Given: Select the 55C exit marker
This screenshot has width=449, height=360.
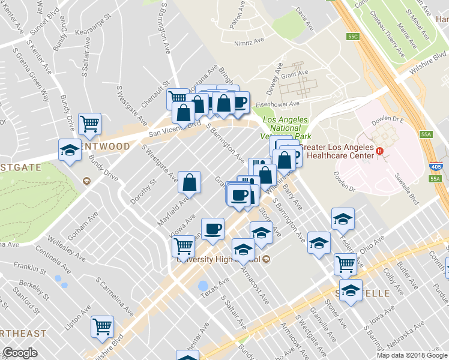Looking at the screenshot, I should [x=352, y=37].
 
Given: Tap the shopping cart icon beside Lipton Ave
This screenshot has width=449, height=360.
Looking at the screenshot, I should [x=102, y=326].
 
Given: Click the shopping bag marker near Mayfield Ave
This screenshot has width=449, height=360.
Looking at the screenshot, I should [x=189, y=183].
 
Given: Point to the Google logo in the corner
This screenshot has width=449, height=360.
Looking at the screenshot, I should [x=20, y=353].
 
